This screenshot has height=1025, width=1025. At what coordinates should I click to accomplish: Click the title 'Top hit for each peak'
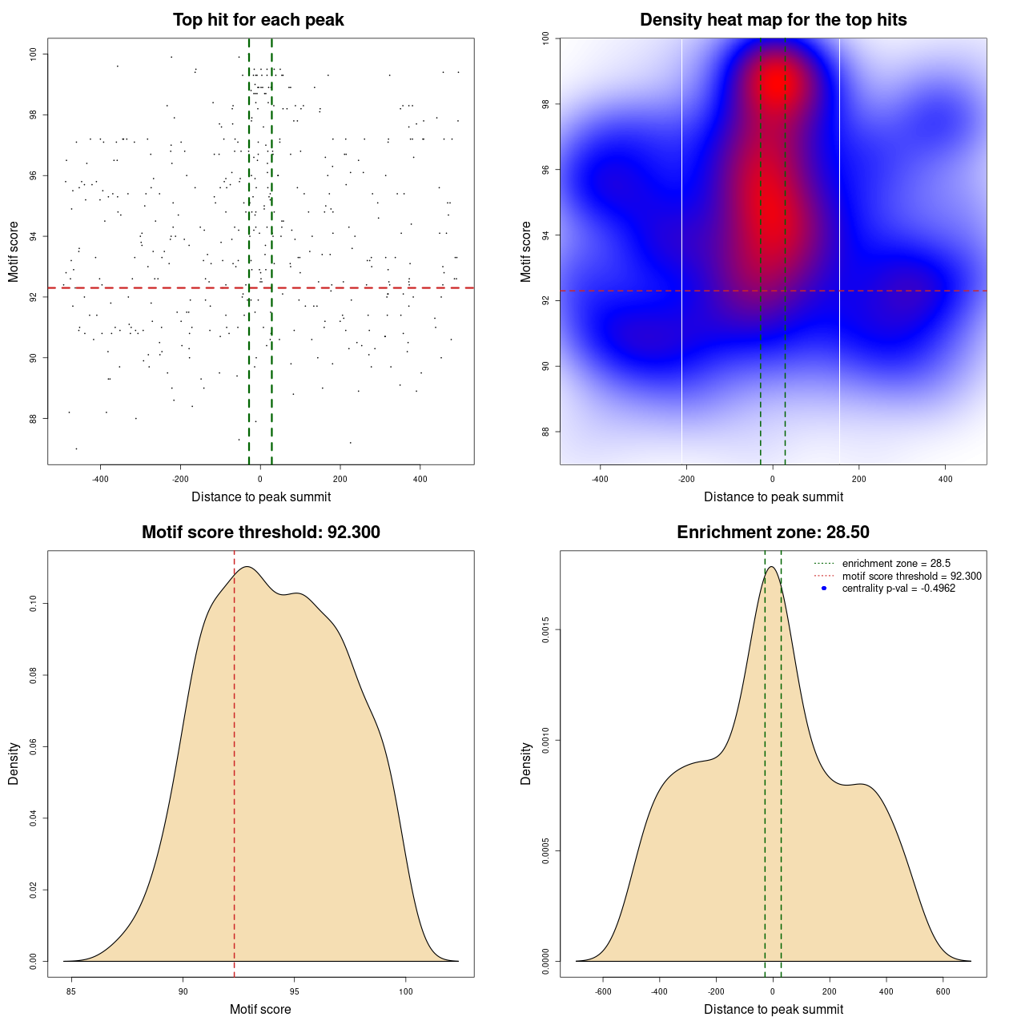point(258,20)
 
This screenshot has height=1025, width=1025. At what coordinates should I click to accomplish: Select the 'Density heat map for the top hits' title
point(773,20)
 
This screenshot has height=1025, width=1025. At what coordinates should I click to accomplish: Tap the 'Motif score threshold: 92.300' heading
point(260,533)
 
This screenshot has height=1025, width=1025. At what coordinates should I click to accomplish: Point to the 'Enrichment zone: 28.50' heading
point(773,533)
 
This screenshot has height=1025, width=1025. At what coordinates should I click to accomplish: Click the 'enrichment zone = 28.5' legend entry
point(896,564)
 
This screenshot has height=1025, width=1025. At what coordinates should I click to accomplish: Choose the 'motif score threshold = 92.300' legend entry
point(911,576)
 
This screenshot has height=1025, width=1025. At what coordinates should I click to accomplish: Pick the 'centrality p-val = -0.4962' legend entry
point(898,589)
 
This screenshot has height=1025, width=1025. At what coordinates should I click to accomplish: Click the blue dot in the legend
point(824,589)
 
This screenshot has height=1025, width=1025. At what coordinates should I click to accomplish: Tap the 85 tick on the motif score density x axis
point(72,991)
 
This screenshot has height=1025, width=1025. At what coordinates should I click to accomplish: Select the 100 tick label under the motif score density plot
point(405,991)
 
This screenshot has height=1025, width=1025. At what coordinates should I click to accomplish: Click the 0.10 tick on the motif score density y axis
point(33,604)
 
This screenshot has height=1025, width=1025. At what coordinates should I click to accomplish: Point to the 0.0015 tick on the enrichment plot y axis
point(545,630)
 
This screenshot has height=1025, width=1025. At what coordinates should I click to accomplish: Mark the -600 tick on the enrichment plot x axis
point(603,991)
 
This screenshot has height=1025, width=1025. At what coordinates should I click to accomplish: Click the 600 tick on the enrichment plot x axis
point(943,991)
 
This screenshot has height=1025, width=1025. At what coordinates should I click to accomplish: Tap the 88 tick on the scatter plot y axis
point(33,418)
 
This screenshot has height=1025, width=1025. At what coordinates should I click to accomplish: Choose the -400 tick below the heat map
point(600,479)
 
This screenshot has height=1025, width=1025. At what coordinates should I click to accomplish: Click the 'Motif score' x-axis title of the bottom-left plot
point(260,1010)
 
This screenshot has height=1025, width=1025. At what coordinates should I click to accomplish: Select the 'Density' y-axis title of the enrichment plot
point(526,763)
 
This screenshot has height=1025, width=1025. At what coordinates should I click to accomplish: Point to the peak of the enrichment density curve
point(771,567)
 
